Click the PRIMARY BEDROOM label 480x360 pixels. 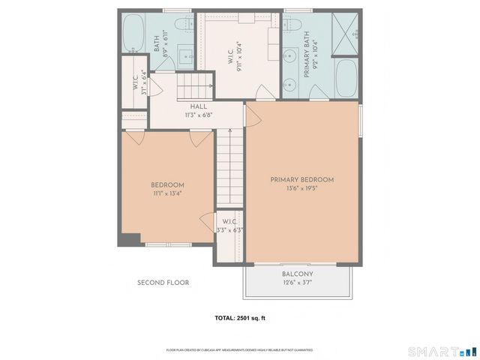coord(301,180)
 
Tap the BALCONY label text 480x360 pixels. coord(298,274)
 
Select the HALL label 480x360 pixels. coord(198,107)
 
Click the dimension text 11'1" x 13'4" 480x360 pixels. coord(167,193)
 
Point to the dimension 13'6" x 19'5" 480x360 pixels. coord(301,189)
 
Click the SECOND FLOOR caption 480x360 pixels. coord(163,283)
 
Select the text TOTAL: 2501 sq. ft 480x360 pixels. coord(240,319)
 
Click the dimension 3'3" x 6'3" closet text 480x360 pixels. coord(229,230)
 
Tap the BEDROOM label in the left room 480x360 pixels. coord(167,185)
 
